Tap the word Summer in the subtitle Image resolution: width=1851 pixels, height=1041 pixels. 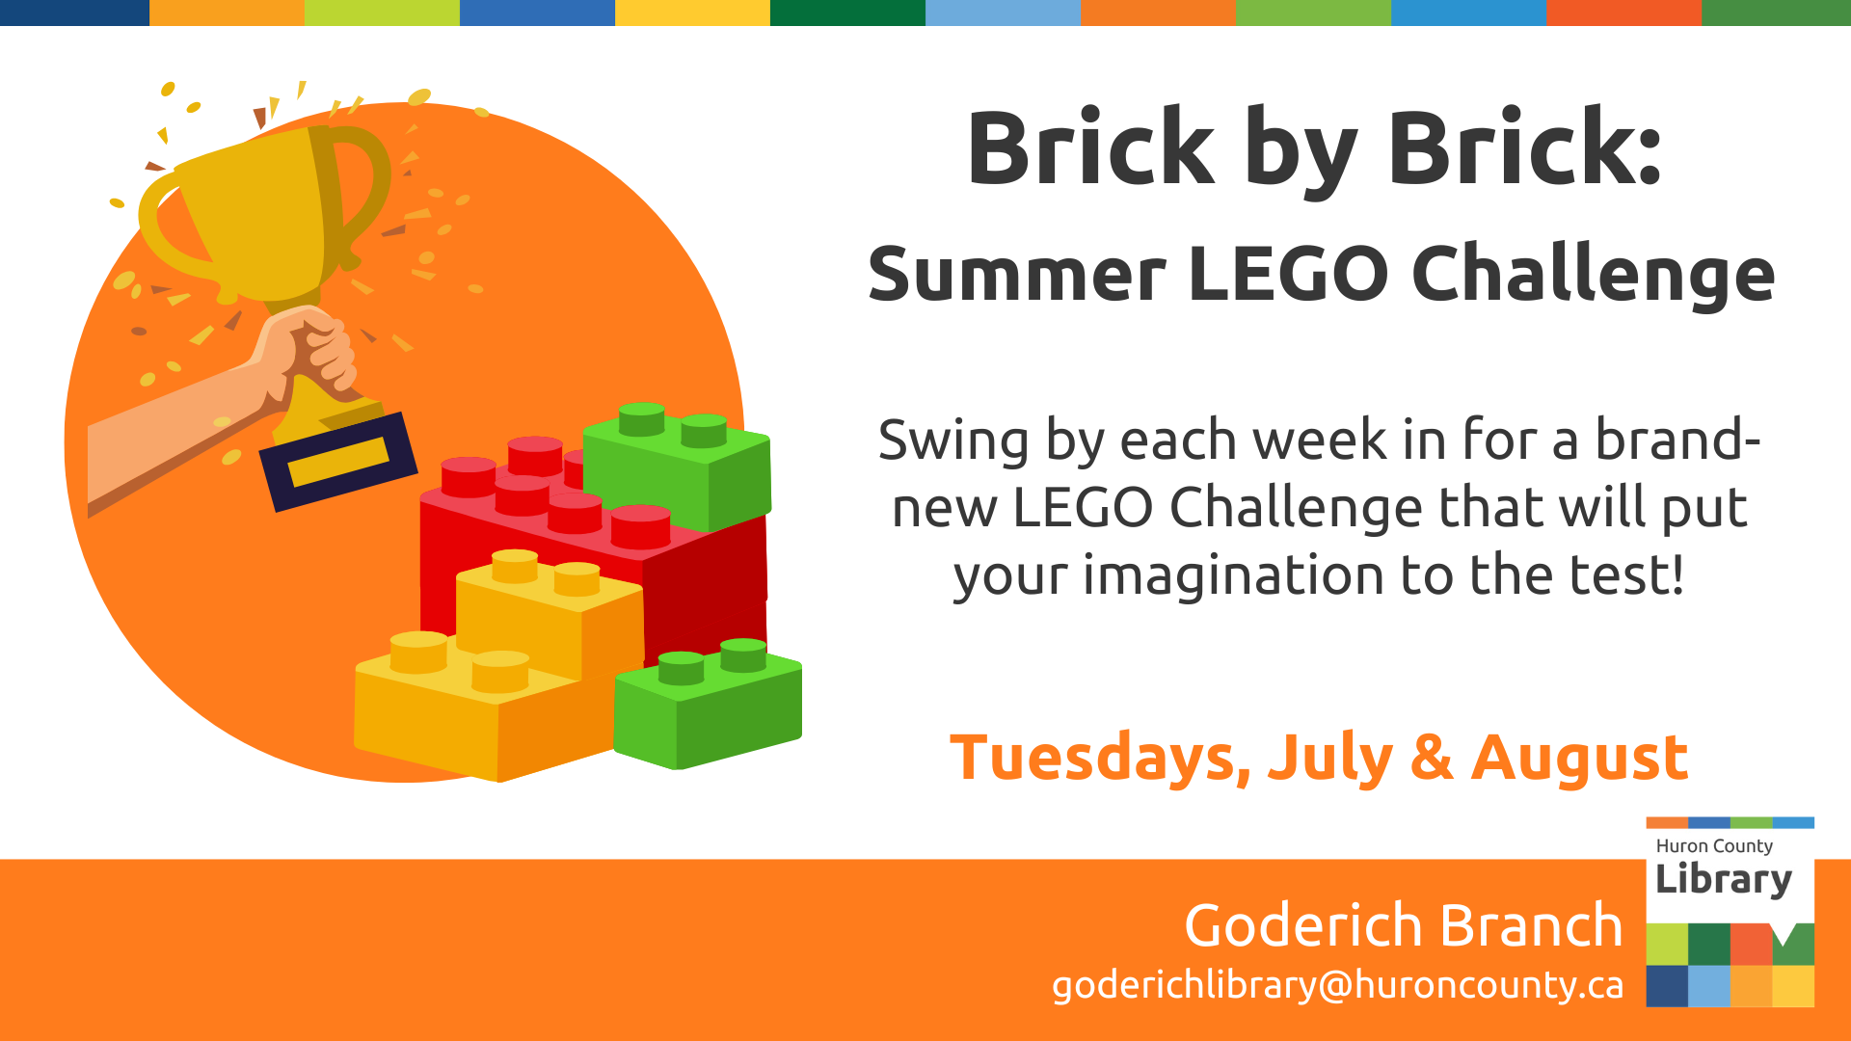(1017, 275)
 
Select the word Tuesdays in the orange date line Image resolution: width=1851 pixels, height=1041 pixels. (1100, 759)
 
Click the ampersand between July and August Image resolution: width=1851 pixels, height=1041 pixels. (1432, 759)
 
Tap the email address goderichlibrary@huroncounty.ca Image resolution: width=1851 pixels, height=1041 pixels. (1337, 985)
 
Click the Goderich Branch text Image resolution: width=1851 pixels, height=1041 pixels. (1404, 925)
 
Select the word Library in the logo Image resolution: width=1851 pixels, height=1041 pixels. (1724, 879)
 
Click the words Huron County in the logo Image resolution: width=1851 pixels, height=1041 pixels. (1714, 845)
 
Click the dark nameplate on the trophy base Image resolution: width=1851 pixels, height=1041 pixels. (338, 462)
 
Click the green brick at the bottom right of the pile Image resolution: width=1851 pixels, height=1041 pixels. (709, 704)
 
